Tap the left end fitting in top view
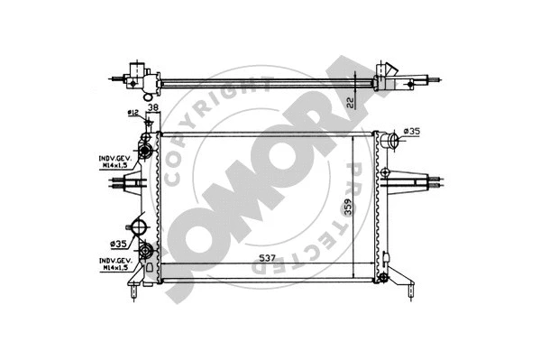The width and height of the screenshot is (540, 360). pyautogui.click(x=137, y=76)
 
